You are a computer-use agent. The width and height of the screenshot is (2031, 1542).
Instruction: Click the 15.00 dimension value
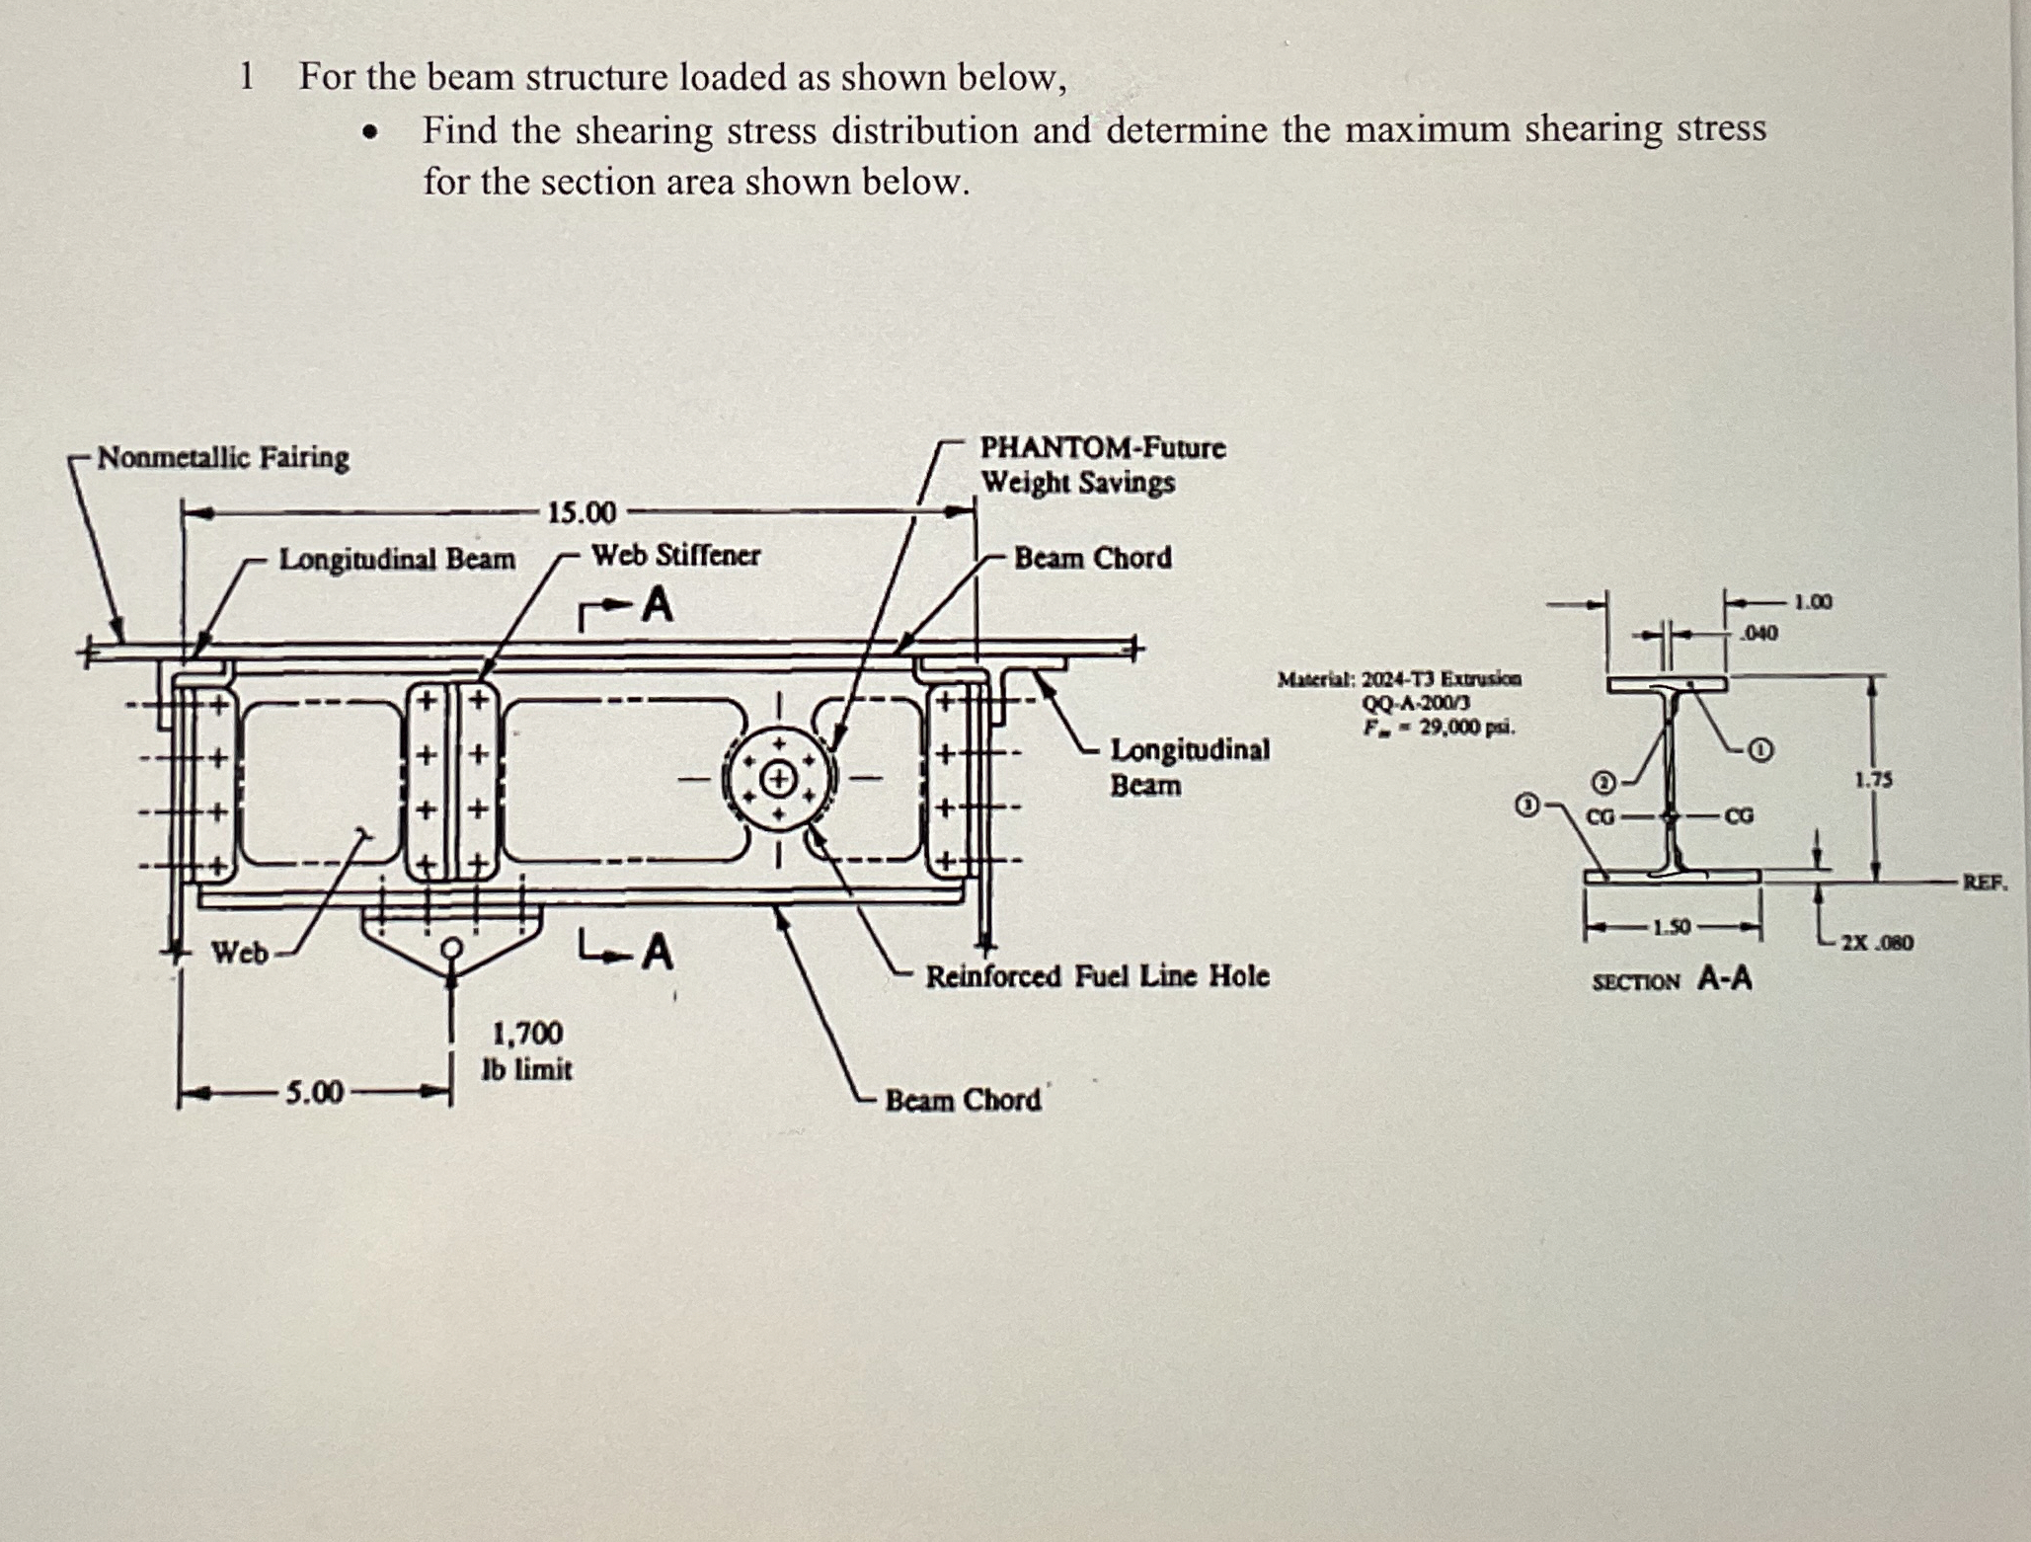pos(582,513)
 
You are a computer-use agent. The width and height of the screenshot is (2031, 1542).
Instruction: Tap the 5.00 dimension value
pos(315,1093)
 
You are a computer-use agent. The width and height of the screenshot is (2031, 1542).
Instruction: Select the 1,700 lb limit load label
pos(527,1051)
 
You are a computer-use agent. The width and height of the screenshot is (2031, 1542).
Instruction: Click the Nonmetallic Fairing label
pos(223,458)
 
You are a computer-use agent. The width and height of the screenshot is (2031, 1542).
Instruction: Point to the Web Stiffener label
pos(675,556)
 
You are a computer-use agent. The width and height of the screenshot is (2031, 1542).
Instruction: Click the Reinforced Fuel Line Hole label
pos(1097,976)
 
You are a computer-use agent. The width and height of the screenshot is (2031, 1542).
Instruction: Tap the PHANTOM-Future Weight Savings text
pos(1102,465)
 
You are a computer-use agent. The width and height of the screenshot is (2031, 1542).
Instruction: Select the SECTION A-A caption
pos(1673,979)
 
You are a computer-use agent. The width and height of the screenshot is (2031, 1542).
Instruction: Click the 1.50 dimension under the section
pos(1672,927)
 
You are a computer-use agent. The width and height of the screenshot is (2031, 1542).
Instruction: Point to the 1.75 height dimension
pos(1873,780)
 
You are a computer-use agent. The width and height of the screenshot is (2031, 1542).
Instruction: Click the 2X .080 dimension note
pos(1877,943)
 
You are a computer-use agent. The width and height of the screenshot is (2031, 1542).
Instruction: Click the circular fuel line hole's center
pos(780,779)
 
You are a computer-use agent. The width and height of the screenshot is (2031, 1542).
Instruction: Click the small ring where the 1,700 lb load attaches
pos(451,949)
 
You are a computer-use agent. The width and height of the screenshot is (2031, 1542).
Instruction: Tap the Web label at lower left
pos(240,953)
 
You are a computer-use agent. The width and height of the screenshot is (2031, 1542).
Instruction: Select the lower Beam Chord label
pos(963,1100)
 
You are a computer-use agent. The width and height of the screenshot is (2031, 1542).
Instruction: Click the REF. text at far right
pos(1985,883)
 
